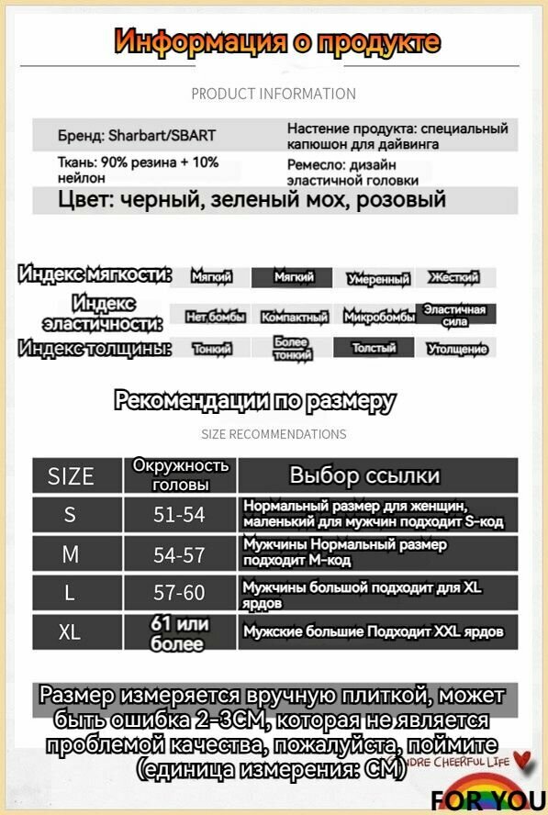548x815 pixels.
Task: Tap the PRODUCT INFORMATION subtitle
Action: click(274, 94)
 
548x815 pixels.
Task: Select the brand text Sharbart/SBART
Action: click(137, 136)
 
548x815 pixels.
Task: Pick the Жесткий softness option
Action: click(456, 278)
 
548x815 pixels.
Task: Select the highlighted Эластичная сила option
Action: click(456, 315)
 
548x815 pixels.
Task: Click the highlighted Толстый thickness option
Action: click(375, 349)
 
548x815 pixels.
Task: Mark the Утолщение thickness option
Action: click(456, 349)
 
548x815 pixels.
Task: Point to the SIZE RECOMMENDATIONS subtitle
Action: click(274, 434)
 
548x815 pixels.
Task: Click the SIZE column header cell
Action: click(71, 475)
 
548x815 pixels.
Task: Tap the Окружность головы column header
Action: click(180, 475)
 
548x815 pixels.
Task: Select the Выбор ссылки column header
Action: click(364, 475)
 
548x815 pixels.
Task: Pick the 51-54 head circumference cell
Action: click(180, 515)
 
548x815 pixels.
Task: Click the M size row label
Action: click(71, 554)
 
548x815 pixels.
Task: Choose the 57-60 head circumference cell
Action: click(180, 593)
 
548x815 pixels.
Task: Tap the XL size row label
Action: click(71, 632)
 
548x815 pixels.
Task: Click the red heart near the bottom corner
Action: click(523, 760)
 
